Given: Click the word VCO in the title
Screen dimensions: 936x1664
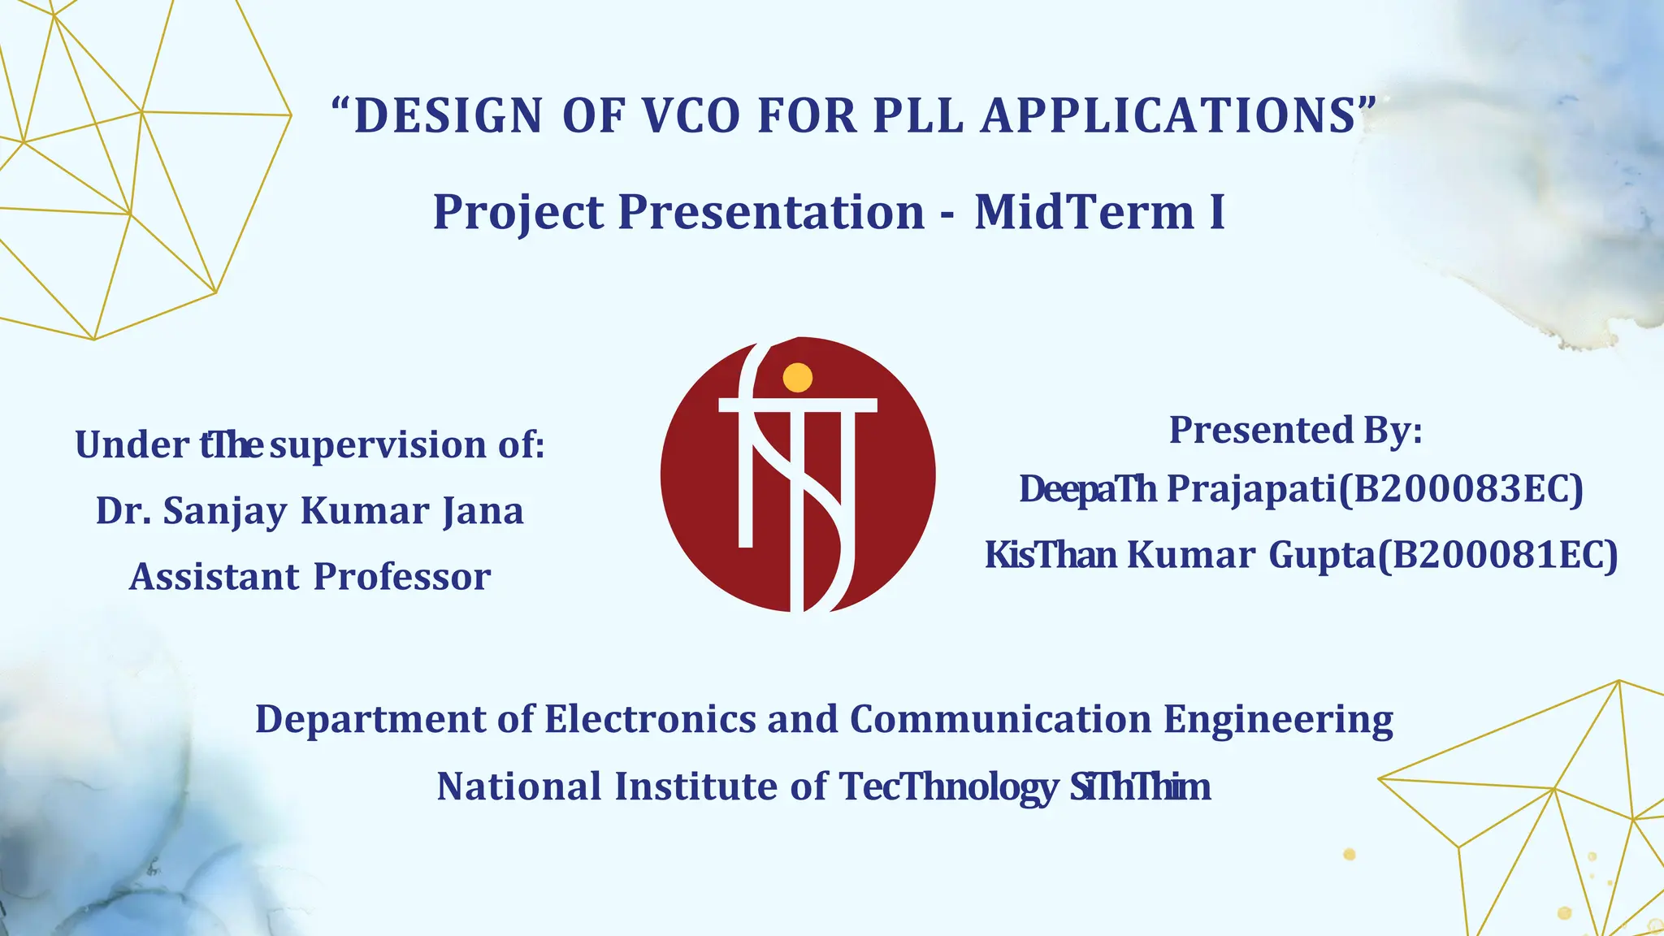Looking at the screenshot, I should pos(691,115).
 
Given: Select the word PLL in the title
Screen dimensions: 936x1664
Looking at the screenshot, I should pos(918,115).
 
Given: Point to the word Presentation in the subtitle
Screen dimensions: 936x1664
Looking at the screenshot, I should pos(771,212).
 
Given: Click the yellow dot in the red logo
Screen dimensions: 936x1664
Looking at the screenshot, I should pos(797,377).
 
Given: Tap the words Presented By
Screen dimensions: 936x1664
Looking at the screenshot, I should pos(1295,430).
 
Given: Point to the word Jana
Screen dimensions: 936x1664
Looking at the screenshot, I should pos(483,511).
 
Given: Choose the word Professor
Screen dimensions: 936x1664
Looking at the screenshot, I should pos(402,577).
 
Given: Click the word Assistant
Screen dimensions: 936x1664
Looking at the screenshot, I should pos(214,577).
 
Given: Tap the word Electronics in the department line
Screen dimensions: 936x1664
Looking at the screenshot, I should pos(649,719).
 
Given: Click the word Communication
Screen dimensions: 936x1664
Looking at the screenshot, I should pos(1000,719).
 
